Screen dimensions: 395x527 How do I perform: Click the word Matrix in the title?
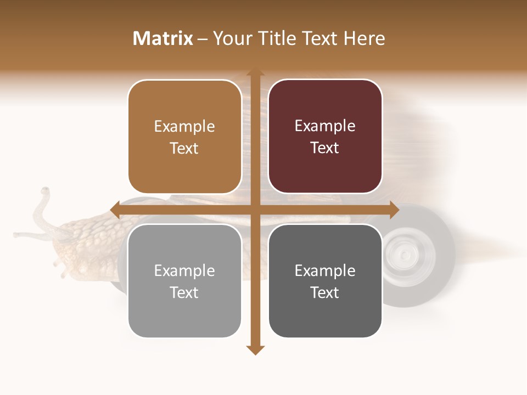162,38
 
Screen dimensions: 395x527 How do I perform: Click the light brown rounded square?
184,137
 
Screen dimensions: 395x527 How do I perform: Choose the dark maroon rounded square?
325,137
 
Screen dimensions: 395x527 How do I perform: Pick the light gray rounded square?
184,281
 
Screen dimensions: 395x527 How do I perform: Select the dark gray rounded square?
325,281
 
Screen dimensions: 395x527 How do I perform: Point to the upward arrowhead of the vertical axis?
255,73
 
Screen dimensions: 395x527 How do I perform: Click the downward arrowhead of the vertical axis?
255,350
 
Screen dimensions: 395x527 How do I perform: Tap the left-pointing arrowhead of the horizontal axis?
115,210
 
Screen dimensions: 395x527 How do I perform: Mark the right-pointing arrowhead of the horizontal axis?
394,210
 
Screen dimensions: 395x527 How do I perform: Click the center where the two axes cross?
255,210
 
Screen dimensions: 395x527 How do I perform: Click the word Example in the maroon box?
325,126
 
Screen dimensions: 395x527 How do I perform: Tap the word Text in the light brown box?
184,149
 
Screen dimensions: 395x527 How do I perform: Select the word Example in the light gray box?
184,270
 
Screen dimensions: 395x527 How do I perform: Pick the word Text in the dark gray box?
325,293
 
